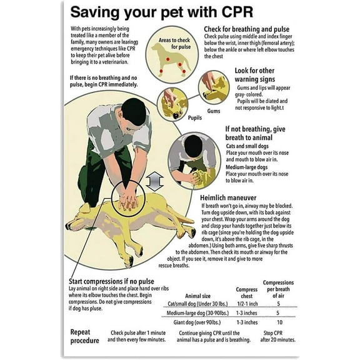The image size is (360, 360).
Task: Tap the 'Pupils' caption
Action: (x=177, y=116)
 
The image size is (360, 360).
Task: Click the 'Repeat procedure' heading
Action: (x=84, y=336)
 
